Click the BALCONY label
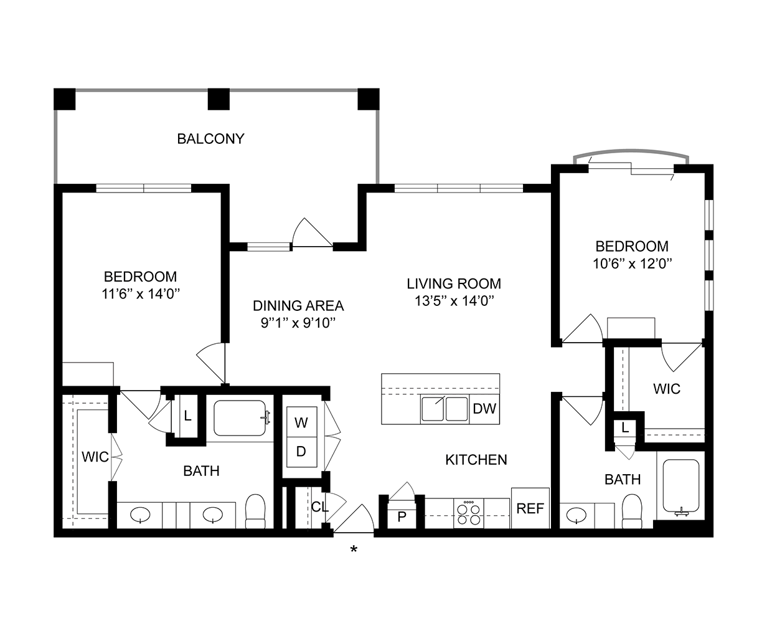pos(210,138)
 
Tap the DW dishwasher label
pos(484,409)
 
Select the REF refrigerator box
pos(530,508)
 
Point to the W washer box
pos(301,423)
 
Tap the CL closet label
pos(320,507)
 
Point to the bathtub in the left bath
pos(240,418)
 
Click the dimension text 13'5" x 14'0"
pos(454,302)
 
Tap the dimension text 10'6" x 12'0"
pos(632,263)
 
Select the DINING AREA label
pos(298,306)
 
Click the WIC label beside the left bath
pos(95,457)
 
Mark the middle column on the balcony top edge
pos(219,99)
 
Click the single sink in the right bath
pos(576,515)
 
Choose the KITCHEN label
pos(476,460)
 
